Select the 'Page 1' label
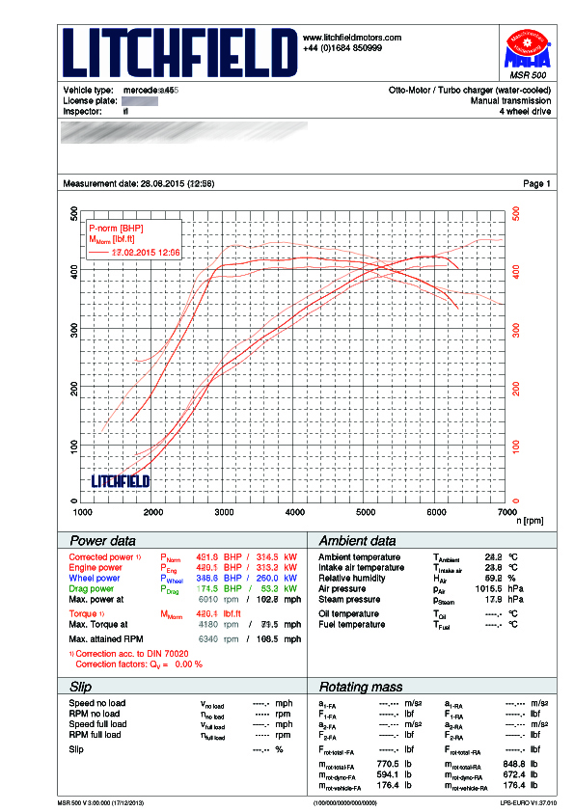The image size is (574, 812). click(536, 183)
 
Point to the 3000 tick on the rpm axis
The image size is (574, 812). click(224, 512)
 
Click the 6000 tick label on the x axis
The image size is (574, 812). click(437, 512)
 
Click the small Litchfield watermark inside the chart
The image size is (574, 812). click(120, 479)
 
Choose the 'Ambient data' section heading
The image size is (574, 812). click(357, 541)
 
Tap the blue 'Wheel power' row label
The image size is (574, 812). click(95, 579)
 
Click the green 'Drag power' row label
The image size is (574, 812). click(92, 588)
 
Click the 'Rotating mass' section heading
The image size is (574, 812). click(361, 686)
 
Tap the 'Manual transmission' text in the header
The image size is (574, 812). click(510, 100)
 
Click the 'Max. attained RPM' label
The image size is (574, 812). click(105, 638)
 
